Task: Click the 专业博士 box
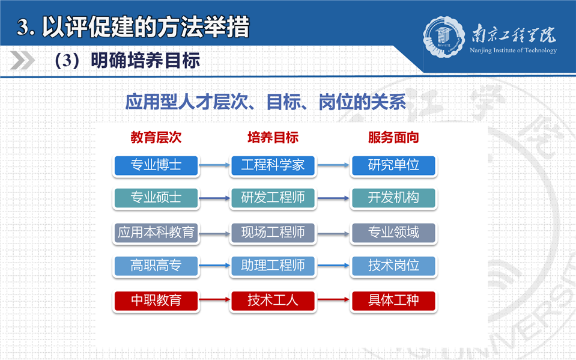156,165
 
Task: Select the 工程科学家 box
273,165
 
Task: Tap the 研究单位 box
393,165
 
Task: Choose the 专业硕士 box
156,198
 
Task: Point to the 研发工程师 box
273,198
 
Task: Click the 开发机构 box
393,198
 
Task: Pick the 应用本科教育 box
156,233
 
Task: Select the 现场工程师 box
273,233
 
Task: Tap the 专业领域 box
393,233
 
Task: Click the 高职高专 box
156,266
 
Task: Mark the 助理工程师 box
273,266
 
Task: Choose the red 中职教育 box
156,301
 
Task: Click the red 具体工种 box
393,301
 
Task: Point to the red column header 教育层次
156,138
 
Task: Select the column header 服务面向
393,138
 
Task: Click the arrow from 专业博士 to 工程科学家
214,165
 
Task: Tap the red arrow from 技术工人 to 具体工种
333,300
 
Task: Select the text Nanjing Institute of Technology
513,50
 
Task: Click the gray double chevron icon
22,61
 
